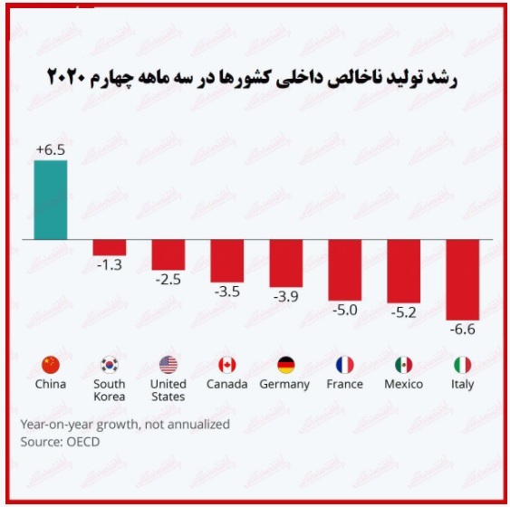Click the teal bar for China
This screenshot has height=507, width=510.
[51, 200]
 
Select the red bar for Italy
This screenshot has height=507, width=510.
[463, 280]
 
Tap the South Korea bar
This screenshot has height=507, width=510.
[110, 248]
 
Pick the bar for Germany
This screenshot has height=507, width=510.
[286, 263]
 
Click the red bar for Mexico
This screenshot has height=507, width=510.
[404, 272]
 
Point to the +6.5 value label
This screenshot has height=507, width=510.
[51, 149]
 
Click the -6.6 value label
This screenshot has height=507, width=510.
[463, 330]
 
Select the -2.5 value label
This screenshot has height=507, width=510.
[168, 280]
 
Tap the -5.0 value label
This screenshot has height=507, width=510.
[345, 310]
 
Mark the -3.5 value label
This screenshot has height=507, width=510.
[227, 292]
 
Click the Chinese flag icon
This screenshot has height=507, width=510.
[51, 365]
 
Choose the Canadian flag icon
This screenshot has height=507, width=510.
[227, 365]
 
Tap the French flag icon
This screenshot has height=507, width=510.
[345, 365]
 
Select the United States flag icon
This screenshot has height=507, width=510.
[168, 365]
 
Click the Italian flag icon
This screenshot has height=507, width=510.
[463, 365]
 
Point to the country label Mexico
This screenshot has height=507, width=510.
[404, 384]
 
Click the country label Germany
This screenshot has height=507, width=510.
[284, 385]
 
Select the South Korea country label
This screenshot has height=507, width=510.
[110, 390]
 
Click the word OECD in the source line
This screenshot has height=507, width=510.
[83, 442]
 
